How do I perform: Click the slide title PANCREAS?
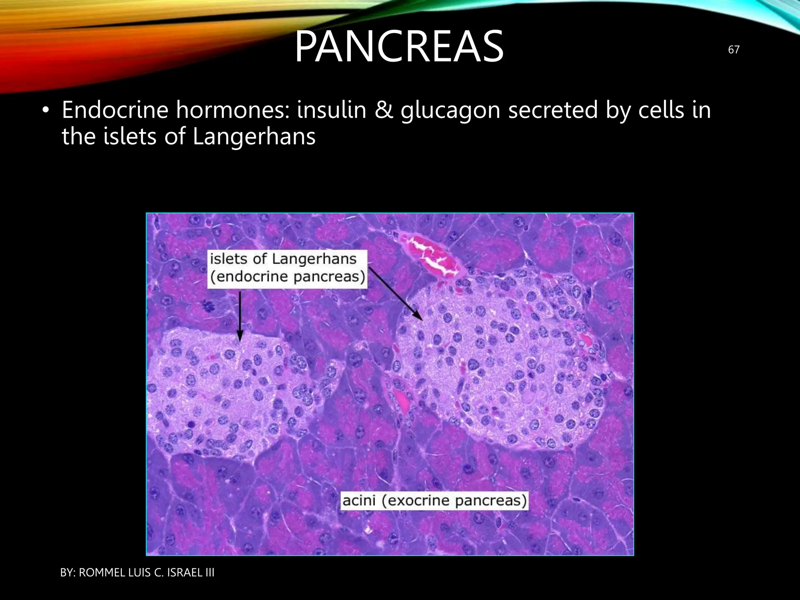(x=399, y=47)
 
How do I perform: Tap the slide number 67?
(x=734, y=50)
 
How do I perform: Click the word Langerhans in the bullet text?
(x=254, y=137)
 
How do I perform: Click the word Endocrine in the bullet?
(x=115, y=110)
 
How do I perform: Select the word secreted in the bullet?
(x=553, y=110)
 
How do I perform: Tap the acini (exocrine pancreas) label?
(x=434, y=501)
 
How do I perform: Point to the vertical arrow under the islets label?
(x=239, y=316)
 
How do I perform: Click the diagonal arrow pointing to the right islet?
(x=395, y=293)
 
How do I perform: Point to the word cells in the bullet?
(x=661, y=110)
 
